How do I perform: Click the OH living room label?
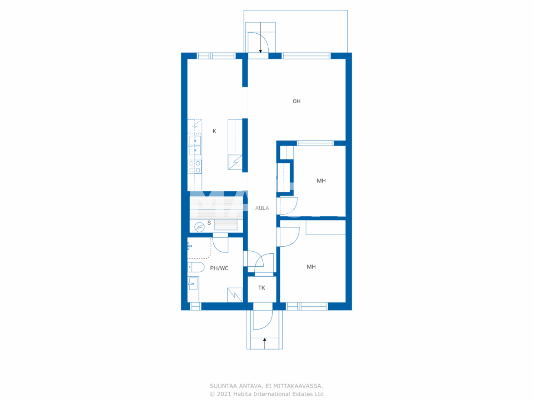pyautogui.click(x=296, y=101)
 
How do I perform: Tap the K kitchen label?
pyautogui.click(x=214, y=131)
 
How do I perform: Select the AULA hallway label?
pyautogui.click(x=262, y=208)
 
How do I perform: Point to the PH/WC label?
pyautogui.click(x=219, y=268)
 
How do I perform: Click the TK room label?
pyautogui.click(x=262, y=288)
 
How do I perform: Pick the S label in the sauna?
pyautogui.click(x=209, y=223)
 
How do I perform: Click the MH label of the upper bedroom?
pyautogui.click(x=321, y=181)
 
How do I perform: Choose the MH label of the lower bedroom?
pyautogui.click(x=311, y=267)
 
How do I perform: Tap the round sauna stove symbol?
pyautogui.click(x=199, y=227)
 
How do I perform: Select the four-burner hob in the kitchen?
pyautogui.click(x=194, y=167)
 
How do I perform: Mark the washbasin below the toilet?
pyautogui.click(x=192, y=284)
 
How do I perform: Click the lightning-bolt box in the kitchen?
pyautogui.click(x=235, y=162)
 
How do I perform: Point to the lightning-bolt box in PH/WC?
pyautogui.click(x=235, y=295)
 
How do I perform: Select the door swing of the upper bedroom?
pyautogui.click(x=289, y=206)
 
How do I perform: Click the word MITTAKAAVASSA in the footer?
pyautogui.click(x=298, y=386)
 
